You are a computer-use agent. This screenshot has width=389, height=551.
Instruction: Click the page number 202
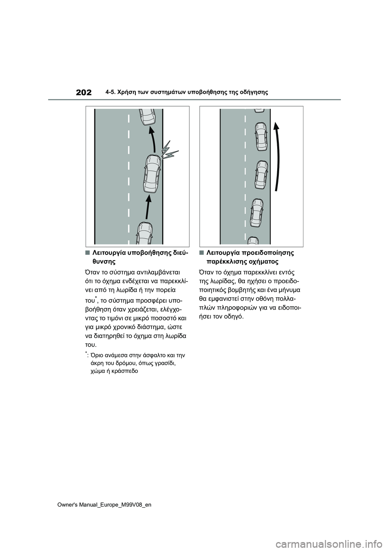click(84, 92)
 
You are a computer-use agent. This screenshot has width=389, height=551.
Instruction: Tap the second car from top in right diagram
click(261, 136)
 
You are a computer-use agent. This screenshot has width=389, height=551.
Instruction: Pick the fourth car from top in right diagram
click(257, 211)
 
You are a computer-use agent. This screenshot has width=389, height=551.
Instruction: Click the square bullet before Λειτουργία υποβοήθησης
click(88, 252)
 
